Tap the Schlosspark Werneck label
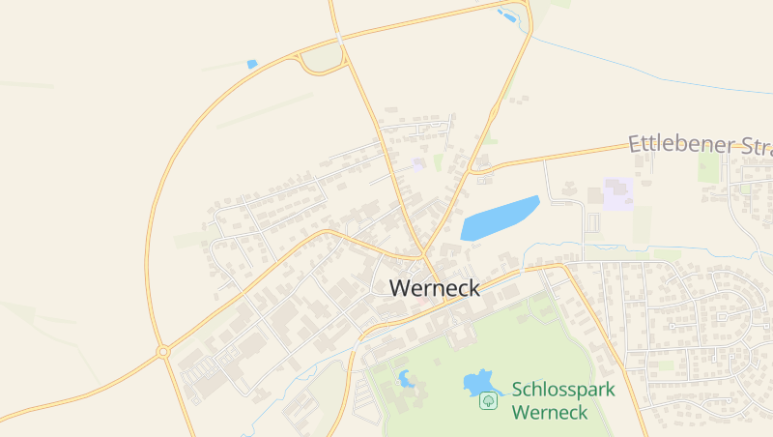click(562, 400)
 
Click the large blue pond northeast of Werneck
click(499, 218)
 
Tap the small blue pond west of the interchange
click(252, 64)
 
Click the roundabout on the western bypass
click(162, 352)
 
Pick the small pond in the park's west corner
click(406, 378)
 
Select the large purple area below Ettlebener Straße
click(617, 193)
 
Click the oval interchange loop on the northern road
click(322, 61)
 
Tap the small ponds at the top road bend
click(506, 15)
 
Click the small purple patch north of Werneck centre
click(418, 164)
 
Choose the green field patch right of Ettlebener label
click(709, 166)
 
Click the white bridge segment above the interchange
click(338, 37)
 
